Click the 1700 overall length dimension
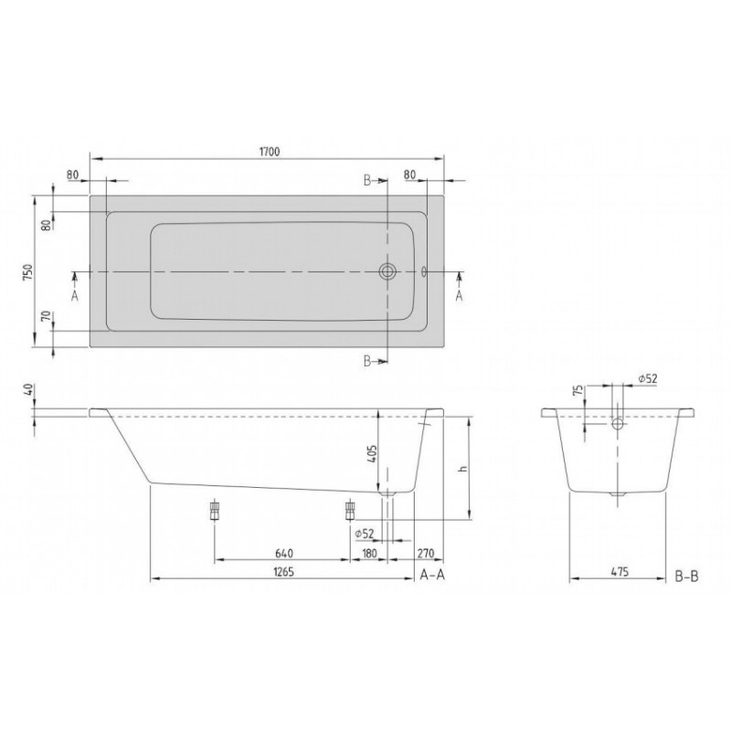point(269,152)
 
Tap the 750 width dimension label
point(28,271)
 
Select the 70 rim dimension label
point(46,317)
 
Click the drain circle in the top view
point(387,270)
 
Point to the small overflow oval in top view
point(424,271)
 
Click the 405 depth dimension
point(372,453)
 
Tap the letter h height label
point(462,468)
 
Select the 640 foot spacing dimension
point(284,553)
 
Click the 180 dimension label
point(369,553)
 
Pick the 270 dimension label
point(425,553)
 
